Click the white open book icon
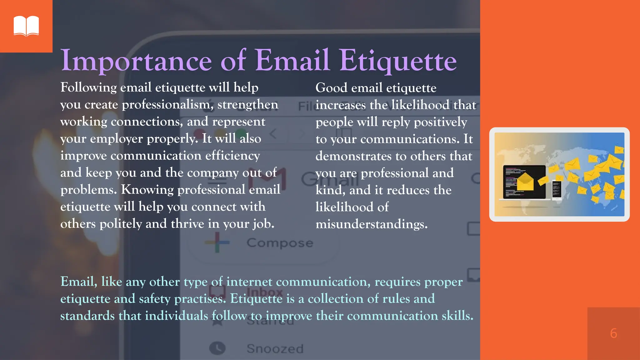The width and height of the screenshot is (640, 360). (x=26, y=26)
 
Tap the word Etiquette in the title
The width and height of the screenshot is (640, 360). (x=398, y=61)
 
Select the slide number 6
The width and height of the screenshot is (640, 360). (x=613, y=333)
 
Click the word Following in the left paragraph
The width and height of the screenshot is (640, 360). (x=88, y=87)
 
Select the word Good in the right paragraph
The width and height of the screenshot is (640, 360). (x=331, y=88)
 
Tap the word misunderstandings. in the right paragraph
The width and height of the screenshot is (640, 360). (x=372, y=224)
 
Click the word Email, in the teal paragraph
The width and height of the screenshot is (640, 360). (x=79, y=282)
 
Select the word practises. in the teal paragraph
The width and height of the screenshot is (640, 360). (x=200, y=299)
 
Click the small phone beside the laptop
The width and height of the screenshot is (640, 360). (x=557, y=190)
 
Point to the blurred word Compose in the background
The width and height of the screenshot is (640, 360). (x=280, y=243)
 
